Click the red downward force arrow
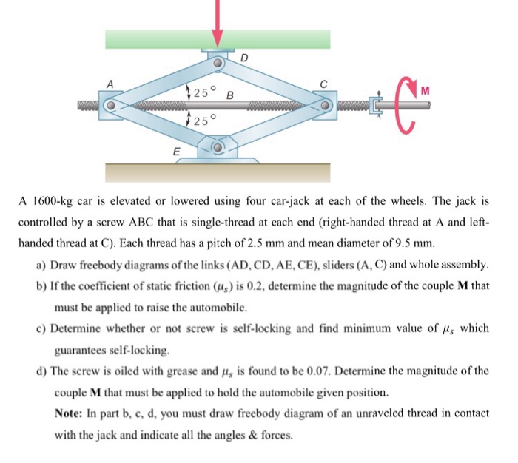click(218, 22)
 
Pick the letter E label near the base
click(176, 152)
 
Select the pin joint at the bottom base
click(218, 148)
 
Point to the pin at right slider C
click(324, 106)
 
